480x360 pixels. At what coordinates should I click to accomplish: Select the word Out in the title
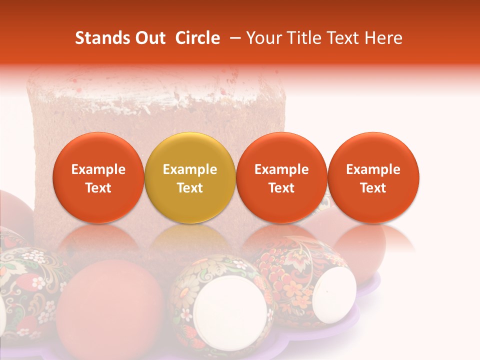point(149,38)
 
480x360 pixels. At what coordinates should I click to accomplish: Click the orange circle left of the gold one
point(98,177)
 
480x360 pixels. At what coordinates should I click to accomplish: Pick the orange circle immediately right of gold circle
point(281,177)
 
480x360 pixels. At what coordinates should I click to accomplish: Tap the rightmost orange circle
point(373,177)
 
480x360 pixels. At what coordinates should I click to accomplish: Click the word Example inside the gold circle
point(190,170)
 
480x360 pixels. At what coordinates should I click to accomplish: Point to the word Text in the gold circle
point(190,188)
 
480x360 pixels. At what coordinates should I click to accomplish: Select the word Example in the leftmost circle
point(98,170)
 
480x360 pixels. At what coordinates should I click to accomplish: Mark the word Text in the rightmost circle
point(373,188)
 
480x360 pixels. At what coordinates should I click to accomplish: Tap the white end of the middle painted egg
point(230,310)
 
